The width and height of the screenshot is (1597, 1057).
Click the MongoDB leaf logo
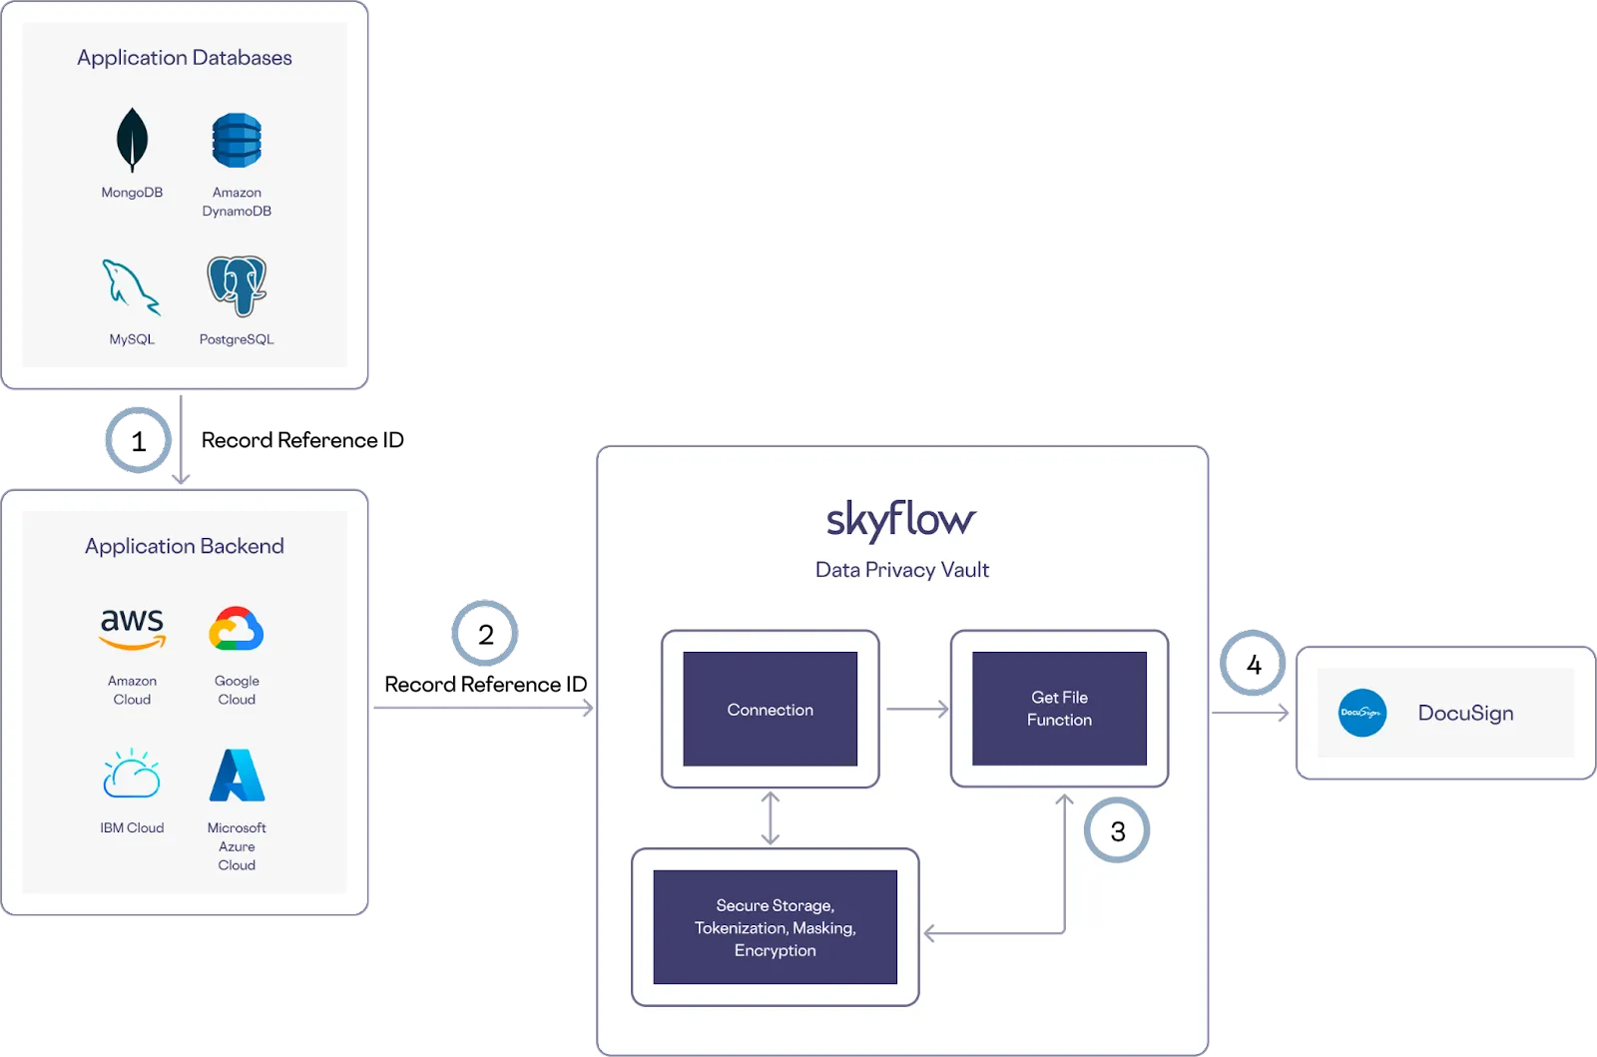coord(132,141)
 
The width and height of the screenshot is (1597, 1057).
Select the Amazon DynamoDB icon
coord(237,141)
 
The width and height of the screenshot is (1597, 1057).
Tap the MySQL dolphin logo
coord(131,286)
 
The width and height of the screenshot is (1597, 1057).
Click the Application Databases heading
coord(185,58)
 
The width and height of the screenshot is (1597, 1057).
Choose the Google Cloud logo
coord(237,630)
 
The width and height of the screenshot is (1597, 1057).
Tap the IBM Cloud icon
coord(132,775)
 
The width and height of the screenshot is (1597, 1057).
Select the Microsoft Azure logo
coord(237,776)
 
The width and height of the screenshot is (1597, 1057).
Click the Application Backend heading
coord(185,546)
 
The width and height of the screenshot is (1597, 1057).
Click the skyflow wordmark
coord(901,520)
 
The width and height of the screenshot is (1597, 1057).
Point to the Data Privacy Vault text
coord(902,570)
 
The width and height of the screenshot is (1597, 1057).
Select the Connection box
coord(770,709)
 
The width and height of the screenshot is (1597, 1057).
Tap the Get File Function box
coord(1059,709)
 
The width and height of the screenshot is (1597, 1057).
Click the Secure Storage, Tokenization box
coord(775,927)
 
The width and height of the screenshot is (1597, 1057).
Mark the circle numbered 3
coord(1117,830)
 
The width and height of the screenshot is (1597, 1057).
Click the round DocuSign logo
coord(1362,713)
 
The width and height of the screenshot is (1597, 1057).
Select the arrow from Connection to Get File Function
coord(916,709)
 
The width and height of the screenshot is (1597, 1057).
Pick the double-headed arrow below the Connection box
coord(770,817)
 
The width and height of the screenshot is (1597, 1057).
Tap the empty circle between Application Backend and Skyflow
coord(484,633)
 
